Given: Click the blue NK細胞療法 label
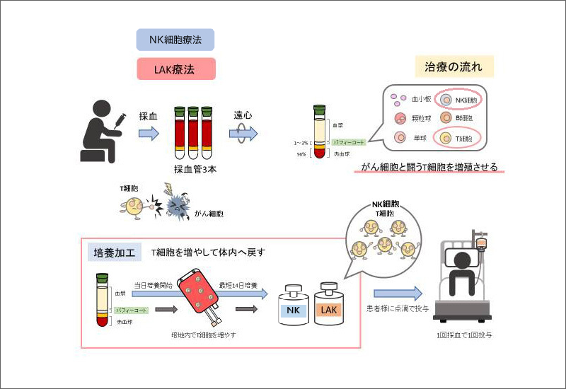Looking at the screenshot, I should (x=175, y=40).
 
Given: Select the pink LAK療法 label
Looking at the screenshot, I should (x=175, y=69).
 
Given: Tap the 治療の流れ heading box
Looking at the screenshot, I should (x=454, y=67).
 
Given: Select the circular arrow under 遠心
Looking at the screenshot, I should (x=244, y=133).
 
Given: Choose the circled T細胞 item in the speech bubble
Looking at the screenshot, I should (x=458, y=138).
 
